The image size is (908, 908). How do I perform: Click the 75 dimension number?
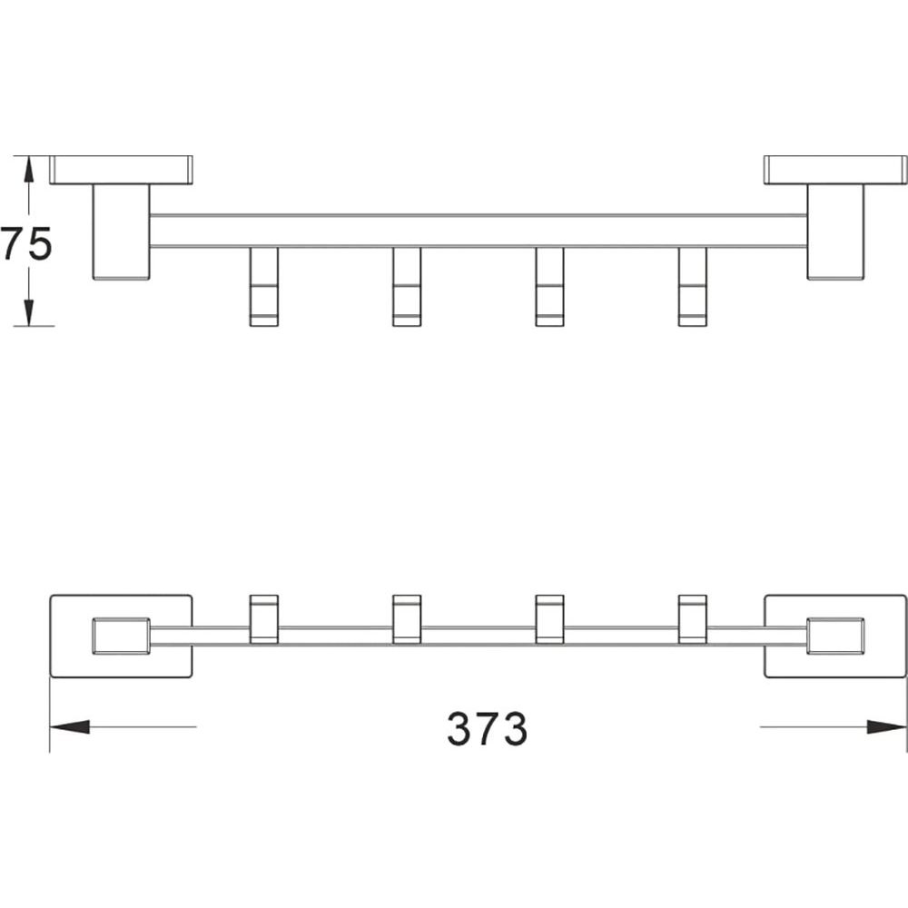pos(26,243)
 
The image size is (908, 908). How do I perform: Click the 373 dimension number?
pos(487,728)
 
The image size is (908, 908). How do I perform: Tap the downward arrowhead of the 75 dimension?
pos(26,312)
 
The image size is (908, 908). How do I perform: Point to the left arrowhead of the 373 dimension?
pos(70,726)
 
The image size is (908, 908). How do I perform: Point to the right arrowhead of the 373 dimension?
pos(886,726)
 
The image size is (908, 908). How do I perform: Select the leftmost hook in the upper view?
pos(264,287)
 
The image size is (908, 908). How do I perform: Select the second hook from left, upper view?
pos(407,287)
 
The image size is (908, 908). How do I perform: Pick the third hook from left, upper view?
pos(549,287)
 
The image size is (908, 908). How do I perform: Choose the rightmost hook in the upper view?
pos(693,287)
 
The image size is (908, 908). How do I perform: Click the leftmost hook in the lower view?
pos(264,619)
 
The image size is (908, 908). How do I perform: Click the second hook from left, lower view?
pos(407,619)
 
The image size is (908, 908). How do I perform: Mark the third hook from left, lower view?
pos(549,619)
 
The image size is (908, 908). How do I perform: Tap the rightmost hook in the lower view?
pos(693,619)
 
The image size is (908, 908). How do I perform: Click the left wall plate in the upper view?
pos(121,170)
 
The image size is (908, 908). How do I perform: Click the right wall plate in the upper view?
pos(835,170)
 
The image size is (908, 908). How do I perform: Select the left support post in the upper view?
pos(121,232)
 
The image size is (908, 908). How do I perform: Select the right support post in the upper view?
pos(835,232)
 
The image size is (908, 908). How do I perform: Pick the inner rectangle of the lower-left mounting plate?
pos(121,637)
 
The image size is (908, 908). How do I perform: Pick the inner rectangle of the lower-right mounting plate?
pos(835,637)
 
